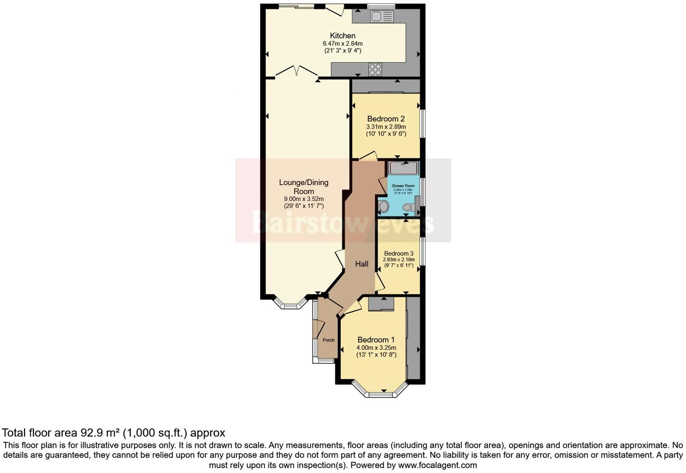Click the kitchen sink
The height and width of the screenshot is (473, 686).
click(x=382, y=17)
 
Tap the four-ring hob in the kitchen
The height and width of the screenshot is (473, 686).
click(x=375, y=70)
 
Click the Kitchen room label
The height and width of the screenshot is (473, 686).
click(x=343, y=36)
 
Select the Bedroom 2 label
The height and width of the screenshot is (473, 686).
click(x=386, y=119)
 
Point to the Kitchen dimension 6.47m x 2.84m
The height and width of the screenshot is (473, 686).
click(x=343, y=43)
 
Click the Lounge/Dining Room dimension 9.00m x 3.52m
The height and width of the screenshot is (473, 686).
click(x=304, y=199)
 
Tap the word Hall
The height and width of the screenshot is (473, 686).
click(x=362, y=264)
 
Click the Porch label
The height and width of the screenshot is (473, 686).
click(x=329, y=340)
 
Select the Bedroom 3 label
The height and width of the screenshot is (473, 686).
click(x=399, y=254)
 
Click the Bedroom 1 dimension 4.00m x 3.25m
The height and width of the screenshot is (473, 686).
click(x=376, y=348)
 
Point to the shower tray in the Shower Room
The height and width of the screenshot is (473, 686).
click(x=404, y=168)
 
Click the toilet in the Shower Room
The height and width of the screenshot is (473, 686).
click(x=409, y=208)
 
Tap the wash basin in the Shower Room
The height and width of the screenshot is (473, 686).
click(x=384, y=207)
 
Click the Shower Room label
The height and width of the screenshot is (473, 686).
click(x=403, y=186)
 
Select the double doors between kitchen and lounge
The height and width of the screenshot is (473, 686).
click(x=297, y=72)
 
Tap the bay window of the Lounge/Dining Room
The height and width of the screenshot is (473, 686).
click(x=291, y=304)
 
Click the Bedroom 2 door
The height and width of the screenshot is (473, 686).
click(x=368, y=156)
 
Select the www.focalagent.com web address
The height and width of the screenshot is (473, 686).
click(x=437, y=465)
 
